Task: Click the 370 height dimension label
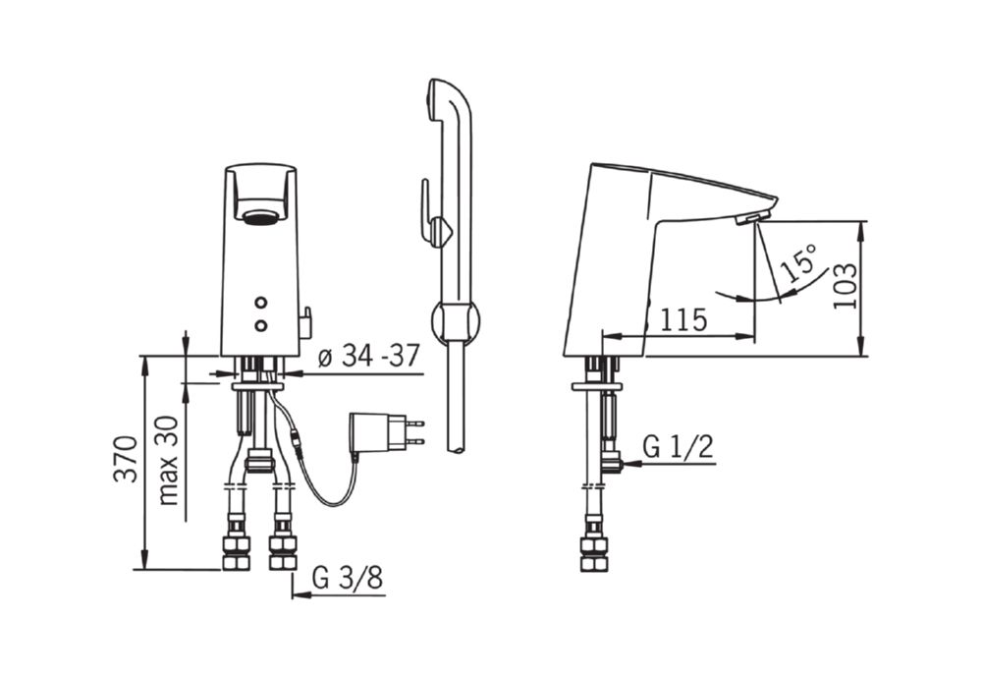[x=126, y=459]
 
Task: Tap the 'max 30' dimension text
[x=168, y=461]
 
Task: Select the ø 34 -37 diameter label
[x=369, y=357]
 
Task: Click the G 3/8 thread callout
[x=348, y=578]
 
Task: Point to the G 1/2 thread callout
[x=679, y=447]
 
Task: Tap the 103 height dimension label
[x=845, y=285]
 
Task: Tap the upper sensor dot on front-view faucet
[x=261, y=304]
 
